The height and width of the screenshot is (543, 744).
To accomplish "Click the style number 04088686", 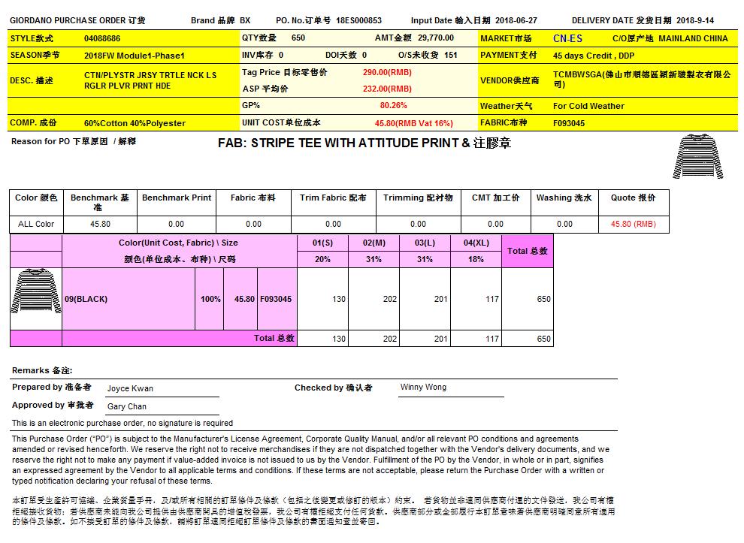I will click(102, 38).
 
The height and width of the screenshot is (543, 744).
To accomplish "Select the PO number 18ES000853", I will click(358, 21).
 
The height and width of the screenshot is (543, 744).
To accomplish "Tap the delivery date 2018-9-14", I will click(694, 21).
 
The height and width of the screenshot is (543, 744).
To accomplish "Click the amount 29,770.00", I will click(436, 38).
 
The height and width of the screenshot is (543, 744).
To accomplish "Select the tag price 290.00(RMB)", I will click(386, 72).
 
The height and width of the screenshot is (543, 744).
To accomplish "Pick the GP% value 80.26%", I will click(393, 106).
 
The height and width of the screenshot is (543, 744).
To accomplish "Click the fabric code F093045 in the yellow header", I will click(569, 123).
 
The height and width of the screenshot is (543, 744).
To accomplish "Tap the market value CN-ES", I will click(567, 38).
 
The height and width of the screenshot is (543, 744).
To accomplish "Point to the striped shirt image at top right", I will click(698, 156).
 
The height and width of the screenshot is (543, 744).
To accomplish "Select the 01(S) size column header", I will click(322, 243).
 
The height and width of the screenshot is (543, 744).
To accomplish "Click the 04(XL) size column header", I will click(476, 243).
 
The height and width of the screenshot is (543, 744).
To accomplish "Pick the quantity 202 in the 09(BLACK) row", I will click(389, 299).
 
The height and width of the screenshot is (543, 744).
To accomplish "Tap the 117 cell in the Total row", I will click(491, 339).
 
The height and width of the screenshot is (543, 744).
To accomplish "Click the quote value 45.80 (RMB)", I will click(633, 224).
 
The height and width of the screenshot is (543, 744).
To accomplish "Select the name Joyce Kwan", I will click(130, 389).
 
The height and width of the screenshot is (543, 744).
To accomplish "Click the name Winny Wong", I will click(423, 388).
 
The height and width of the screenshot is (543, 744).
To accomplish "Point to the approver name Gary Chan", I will click(127, 406).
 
